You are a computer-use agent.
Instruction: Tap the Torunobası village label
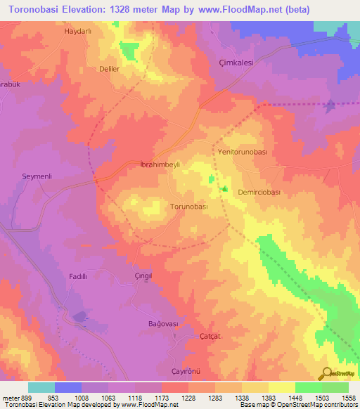point(190,207)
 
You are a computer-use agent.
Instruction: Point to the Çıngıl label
point(143,277)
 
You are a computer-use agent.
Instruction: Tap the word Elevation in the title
point(82,9)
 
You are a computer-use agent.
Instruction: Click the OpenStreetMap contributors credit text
point(317,405)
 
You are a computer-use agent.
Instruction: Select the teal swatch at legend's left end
point(41,387)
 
